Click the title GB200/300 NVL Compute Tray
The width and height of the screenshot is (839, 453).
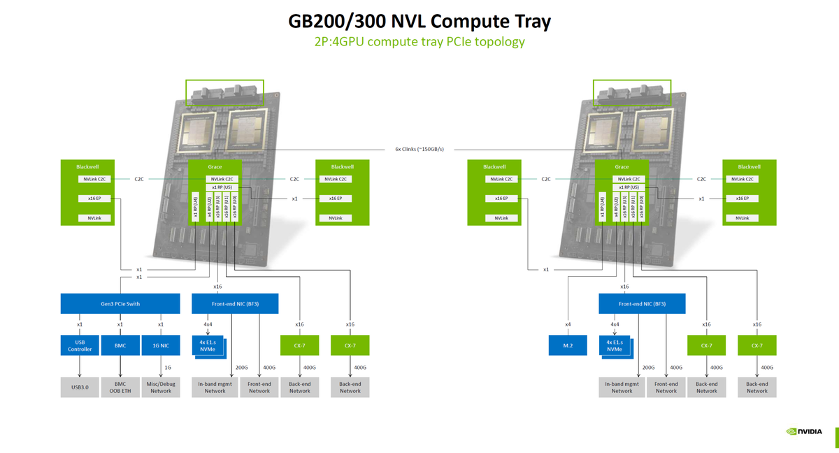[x=419, y=21]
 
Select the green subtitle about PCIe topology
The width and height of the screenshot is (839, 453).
[x=419, y=42]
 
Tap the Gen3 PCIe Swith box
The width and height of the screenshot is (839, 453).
[x=120, y=304]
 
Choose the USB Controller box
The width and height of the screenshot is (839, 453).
[x=80, y=345]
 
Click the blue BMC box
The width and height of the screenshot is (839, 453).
[x=120, y=345]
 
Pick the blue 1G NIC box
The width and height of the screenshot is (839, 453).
[x=161, y=345]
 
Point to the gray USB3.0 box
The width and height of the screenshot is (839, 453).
[x=80, y=387]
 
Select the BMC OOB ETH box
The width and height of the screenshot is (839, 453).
[x=120, y=387]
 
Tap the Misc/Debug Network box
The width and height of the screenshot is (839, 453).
[x=161, y=387]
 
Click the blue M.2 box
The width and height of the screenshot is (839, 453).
[x=568, y=345]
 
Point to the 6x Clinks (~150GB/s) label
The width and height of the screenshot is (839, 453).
[x=419, y=149]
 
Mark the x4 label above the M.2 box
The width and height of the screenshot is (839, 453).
[x=568, y=324]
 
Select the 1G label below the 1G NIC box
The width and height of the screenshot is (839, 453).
[x=168, y=367]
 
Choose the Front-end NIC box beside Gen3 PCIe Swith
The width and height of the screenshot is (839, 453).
[x=235, y=304]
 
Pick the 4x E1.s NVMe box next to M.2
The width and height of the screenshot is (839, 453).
[x=615, y=345]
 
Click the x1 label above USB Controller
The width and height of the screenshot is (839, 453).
[x=80, y=324]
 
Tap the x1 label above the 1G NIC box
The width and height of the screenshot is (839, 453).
[x=161, y=324]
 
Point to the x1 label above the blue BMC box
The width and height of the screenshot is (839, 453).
[x=120, y=324]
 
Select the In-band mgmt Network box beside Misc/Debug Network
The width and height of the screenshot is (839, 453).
[x=215, y=387]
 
